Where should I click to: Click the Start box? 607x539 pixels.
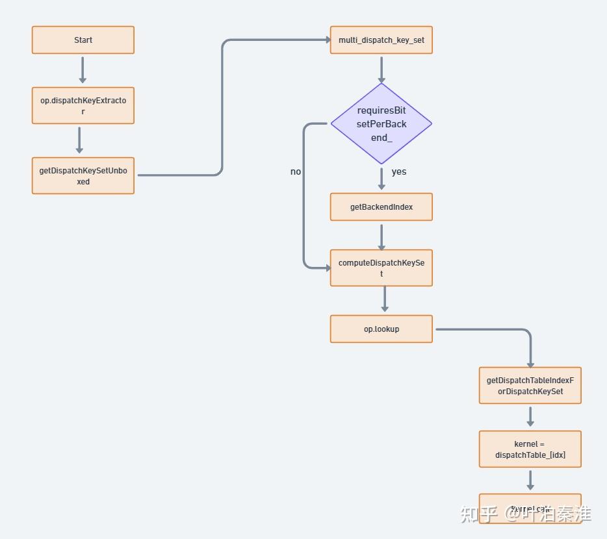(x=83, y=40)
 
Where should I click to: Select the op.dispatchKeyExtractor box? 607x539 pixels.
(x=83, y=106)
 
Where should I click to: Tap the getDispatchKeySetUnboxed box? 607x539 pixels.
(x=83, y=176)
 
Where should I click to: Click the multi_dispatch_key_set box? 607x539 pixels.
(x=381, y=40)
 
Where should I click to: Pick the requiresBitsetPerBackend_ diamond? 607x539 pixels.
(x=381, y=123)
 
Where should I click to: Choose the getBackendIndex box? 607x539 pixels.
(x=381, y=207)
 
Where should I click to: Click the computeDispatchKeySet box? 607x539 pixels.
(x=381, y=268)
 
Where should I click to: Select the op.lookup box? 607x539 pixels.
(x=381, y=329)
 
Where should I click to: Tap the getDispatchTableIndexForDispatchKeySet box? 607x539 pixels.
(x=530, y=386)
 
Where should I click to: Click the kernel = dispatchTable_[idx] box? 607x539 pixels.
(x=530, y=449)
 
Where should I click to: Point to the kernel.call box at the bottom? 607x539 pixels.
(x=530, y=508)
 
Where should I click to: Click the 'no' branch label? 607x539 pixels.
(x=296, y=172)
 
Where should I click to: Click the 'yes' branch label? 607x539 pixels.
(x=399, y=172)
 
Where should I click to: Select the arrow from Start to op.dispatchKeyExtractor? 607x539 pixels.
(x=83, y=69)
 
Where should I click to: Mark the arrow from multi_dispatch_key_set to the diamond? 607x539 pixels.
(x=381, y=69)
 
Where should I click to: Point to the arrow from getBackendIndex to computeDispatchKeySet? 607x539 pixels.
(x=381, y=236)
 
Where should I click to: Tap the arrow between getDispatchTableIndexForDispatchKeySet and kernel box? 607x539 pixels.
(x=530, y=416)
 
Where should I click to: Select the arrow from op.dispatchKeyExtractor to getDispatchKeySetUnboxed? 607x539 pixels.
(x=79, y=140)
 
